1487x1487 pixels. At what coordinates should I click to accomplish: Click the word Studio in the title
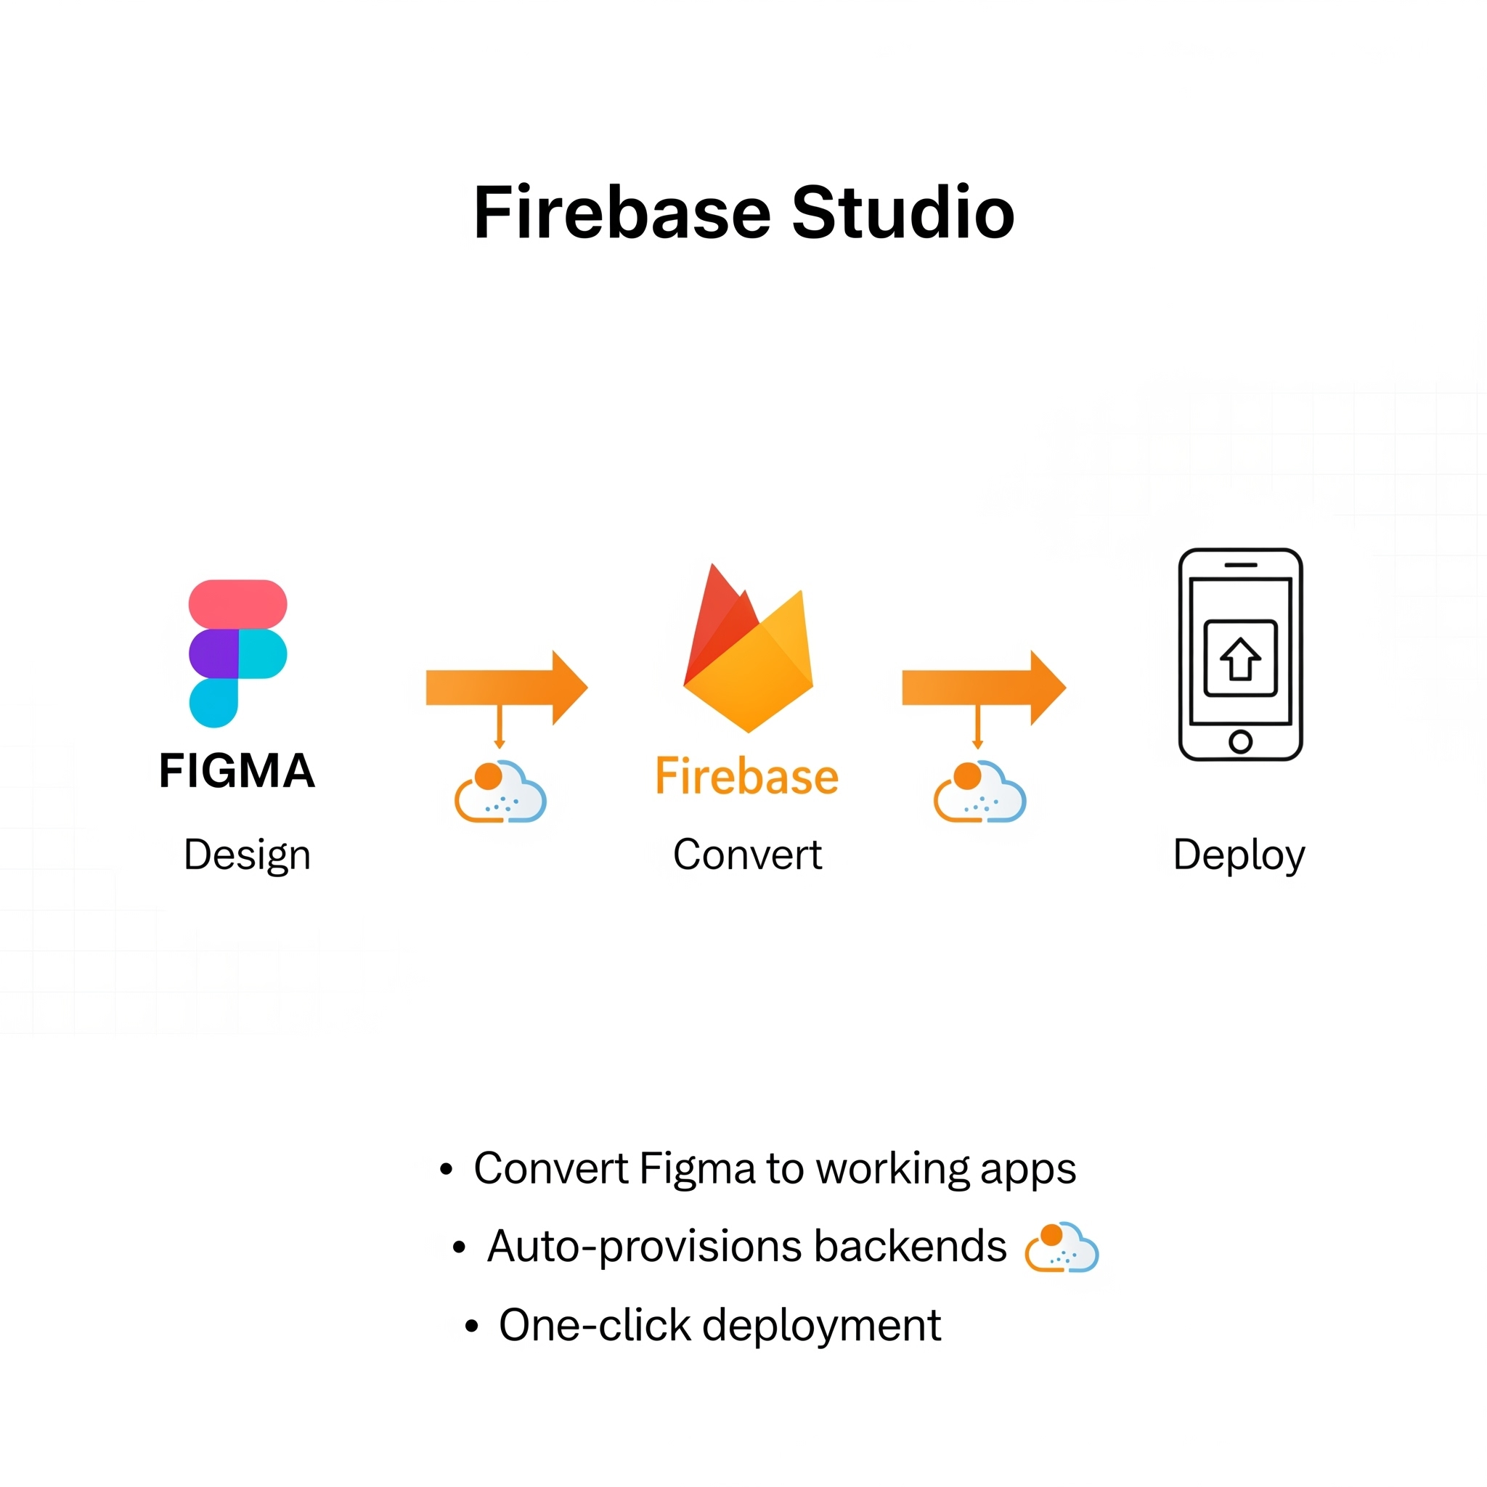903,213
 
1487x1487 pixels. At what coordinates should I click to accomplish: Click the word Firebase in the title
622,213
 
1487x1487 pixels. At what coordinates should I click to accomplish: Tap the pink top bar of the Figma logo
238,604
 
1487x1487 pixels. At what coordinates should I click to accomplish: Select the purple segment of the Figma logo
213,653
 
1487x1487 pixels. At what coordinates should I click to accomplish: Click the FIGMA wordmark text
237,770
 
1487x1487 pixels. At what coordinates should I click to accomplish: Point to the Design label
247,855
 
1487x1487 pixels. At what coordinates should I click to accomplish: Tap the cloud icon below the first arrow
501,793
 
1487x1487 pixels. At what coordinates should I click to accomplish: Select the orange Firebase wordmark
746,777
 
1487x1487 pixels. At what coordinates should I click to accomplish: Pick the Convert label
747,855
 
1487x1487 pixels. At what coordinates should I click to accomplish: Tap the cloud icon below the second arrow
979,793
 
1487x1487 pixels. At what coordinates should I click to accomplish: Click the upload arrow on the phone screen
1240,661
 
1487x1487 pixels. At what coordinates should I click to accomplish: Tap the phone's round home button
1240,741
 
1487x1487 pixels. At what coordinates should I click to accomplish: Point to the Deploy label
1239,855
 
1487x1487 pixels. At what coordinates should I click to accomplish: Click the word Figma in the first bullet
697,1169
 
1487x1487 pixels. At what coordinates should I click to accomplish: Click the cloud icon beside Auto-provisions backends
1062,1247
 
